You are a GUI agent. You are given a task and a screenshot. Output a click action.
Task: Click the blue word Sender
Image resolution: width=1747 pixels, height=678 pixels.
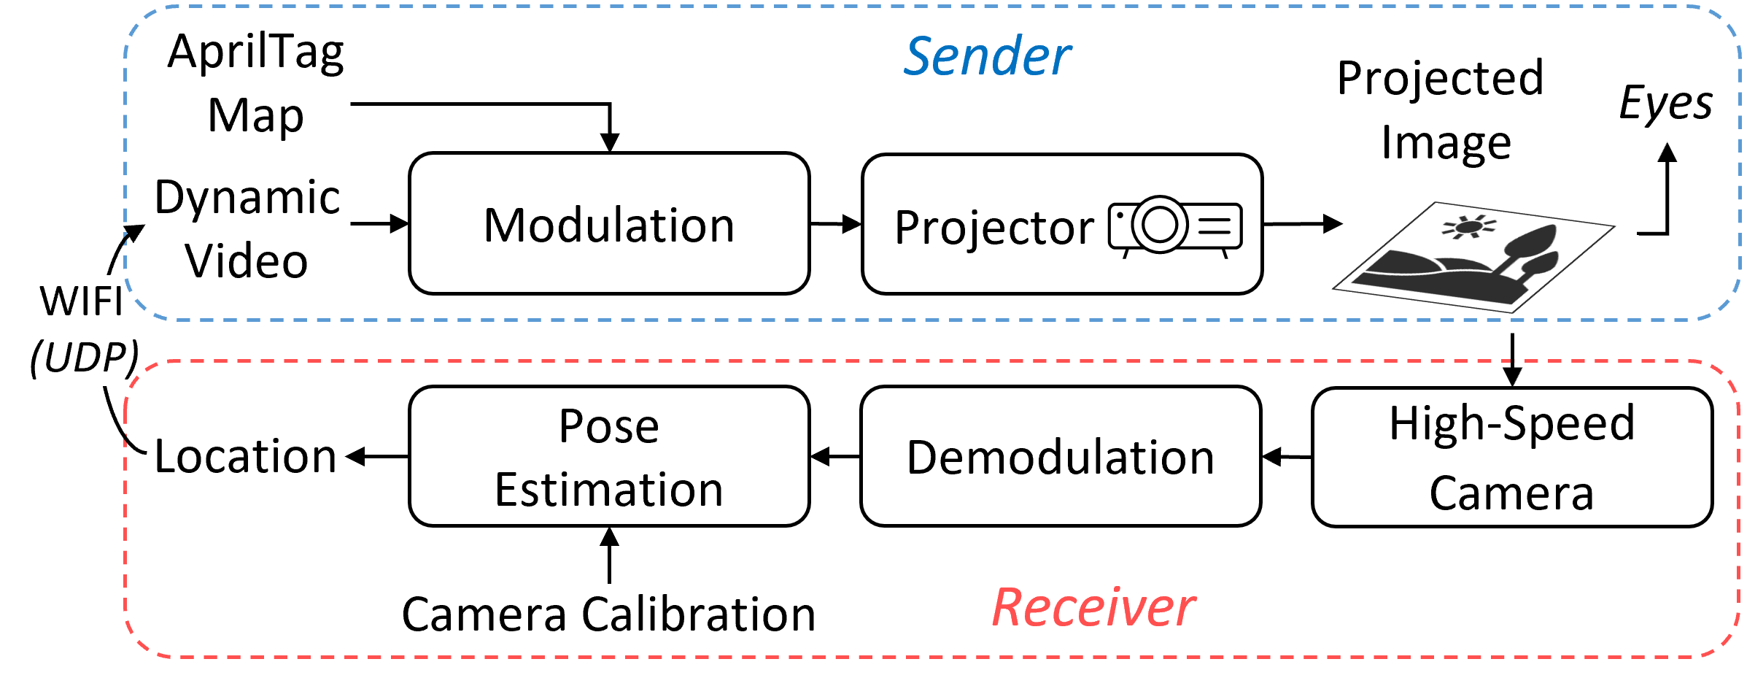pos(987,57)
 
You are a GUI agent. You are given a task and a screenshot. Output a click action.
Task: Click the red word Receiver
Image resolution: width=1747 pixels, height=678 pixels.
pos(1093,608)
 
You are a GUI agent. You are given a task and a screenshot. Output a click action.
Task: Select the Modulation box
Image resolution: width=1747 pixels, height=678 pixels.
pos(609,223)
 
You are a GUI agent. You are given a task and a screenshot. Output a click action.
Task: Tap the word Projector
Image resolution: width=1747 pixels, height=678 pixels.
pos(993,228)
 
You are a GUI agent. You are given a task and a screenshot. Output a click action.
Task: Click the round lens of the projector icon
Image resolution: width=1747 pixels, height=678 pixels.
pos(1159,224)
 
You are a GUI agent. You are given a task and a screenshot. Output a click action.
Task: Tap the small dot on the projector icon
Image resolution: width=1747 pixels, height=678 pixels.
pos(1120,216)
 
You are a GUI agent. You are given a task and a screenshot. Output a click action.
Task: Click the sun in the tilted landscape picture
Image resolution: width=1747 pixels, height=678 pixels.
pos(1468,227)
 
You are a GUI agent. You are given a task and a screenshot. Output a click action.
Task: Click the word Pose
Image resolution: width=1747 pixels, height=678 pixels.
pos(609,426)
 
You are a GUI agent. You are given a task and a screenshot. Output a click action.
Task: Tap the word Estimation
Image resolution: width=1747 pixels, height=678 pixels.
pos(609,490)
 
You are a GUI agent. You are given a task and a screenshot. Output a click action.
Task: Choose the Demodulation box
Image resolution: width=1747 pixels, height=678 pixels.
pos(1061,456)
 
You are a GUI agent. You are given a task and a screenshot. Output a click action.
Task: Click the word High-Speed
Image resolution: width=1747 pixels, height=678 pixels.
pos(1511,423)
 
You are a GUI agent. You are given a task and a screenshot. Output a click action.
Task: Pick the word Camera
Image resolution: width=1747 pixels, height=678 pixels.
pos(1511,493)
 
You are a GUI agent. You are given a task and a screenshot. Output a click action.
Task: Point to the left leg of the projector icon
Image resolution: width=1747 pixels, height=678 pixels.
pos(1126,253)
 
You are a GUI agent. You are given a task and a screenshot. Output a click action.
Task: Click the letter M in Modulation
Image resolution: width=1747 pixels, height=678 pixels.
pos(503,226)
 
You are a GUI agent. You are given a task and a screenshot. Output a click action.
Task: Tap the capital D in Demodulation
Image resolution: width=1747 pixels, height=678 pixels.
pos(923,458)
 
